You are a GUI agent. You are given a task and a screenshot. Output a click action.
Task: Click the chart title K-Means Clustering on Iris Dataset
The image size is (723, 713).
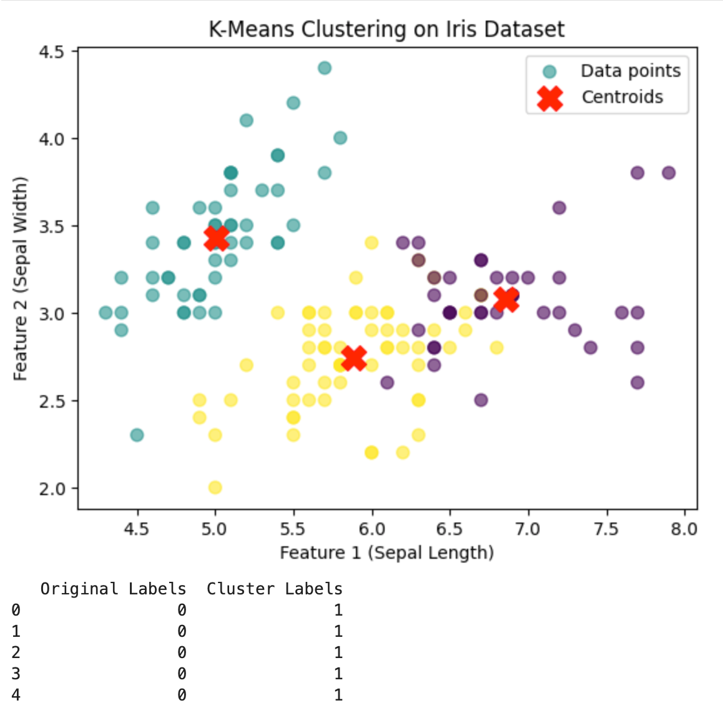pyautogui.click(x=386, y=29)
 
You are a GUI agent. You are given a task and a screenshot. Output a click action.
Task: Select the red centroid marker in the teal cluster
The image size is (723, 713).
pyautogui.click(x=216, y=238)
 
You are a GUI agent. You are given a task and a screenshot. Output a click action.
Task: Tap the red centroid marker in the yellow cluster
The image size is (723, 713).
pyautogui.click(x=354, y=358)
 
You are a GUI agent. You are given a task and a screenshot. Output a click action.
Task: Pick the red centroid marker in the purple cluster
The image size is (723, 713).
pyautogui.click(x=506, y=299)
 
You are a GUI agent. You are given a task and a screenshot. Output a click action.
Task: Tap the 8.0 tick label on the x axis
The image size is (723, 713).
pyautogui.click(x=684, y=529)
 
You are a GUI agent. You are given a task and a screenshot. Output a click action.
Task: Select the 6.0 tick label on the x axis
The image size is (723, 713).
pyautogui.click(x=371, y=529)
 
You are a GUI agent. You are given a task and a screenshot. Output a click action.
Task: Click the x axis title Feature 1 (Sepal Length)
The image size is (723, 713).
pyautogui.click(x=386, y=553)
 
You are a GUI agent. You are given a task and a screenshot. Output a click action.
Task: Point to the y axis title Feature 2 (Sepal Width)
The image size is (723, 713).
pyautogui.click(x=21, y=278)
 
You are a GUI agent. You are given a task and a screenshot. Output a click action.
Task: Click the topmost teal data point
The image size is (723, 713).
pyautogui.click(x=325, y=68)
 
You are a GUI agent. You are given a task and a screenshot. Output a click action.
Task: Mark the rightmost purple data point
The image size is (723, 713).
pyautogui.click(x=668, y=173)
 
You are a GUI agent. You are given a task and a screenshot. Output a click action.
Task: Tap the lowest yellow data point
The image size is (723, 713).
pyautogui.click(x=215, y=487)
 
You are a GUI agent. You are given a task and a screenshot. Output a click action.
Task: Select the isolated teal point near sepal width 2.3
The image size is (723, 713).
pyautogui.click(x=137, y=435)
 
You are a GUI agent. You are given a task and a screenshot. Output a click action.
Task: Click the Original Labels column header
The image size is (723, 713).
pyautogui.click(x=113, y=589)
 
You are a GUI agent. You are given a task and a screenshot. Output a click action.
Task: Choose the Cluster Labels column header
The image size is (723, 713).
pyautogui.click(x=275, y=589)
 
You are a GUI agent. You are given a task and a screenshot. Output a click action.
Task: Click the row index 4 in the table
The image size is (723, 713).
pyautogui.click(x=16, y=695)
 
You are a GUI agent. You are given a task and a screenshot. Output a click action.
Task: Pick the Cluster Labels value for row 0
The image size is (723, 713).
pyautogui.click(x=338, y=610)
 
